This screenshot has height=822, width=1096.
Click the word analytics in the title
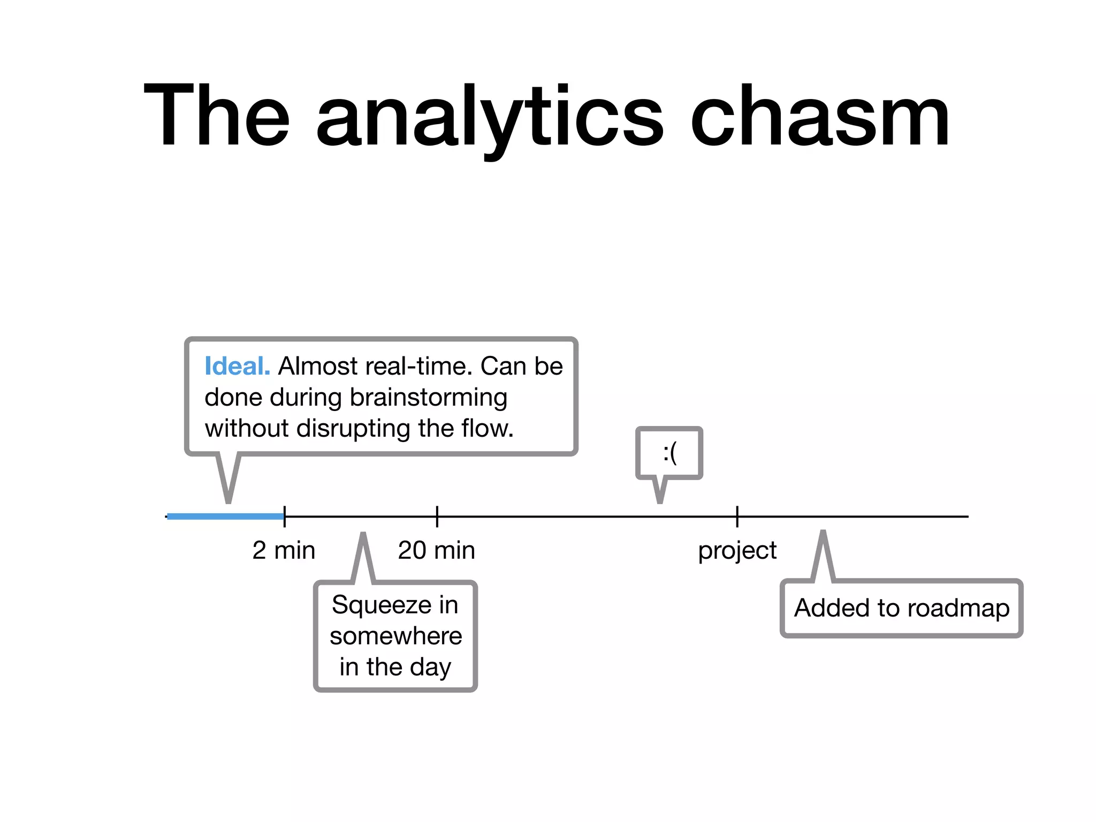[489, 118]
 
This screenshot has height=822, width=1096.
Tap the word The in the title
[217, 115]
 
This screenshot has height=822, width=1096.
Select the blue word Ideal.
[237, 367]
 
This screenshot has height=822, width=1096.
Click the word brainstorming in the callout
[428, 398]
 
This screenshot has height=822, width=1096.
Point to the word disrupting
[354, 429]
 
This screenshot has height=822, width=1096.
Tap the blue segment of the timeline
[225, 516]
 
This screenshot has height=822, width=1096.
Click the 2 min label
[284, 550]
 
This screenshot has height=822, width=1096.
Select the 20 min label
[436, 550]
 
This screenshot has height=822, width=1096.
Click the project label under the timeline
[737, 551]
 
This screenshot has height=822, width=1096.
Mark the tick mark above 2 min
[285, 516]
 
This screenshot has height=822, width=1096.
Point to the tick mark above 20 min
[437, 516]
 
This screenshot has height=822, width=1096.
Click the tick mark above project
[737, 516]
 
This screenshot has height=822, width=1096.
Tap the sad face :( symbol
[669, 454]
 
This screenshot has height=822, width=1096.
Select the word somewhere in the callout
[395, 636]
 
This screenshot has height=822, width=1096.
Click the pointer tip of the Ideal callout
[229, 501]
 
